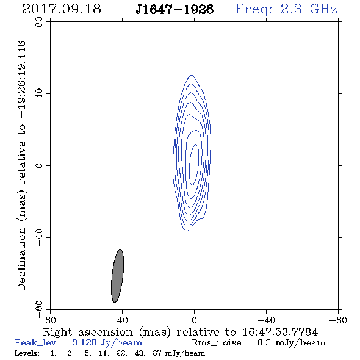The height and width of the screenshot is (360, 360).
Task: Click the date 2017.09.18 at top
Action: pyautogui.click(x=62, y=9)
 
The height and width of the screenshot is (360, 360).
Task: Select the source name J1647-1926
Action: pyautogui.click(x=175, y=9)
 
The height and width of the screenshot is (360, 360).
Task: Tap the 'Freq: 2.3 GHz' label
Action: pyautogui.click(x=286, y=9)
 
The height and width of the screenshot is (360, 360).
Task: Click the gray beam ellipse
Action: pyautogui.click(x=118, y=276)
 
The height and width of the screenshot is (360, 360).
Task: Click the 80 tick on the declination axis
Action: pyautogui.click(x=39, y=22)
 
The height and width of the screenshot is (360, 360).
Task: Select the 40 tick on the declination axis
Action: pyautogui.click(x=39, y=94)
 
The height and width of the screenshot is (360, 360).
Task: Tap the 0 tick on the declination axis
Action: pyautogui.click(x=39, y=165)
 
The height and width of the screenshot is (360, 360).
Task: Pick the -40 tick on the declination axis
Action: pyautogui.click(x=39, y=237)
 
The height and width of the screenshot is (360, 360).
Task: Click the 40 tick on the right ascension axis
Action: pyautogui.click(x=123, y=320)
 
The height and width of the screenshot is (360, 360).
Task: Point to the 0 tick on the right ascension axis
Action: pyautogui.click(x=194, y=320)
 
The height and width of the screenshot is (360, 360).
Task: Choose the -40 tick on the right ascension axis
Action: pyautogui.click(x=266, y=320)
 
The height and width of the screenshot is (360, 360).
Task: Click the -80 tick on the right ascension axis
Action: pyautogui.click(x=338, y=320)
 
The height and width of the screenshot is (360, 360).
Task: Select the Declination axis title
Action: pyautogui.click(x=21, y=165)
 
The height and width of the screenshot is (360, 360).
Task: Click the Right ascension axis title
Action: pyautogui.click(x=181, y=332)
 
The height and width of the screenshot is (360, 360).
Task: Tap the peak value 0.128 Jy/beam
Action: pyautogui.click(x=107, y=343)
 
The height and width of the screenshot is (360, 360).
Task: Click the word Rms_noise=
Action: pyautogui.click(x=220, y=343)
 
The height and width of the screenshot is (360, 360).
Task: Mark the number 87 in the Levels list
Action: pyautogui.click(x=157, y=353)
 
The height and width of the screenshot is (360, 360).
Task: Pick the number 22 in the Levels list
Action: pyautogui.click(x=121, y=353)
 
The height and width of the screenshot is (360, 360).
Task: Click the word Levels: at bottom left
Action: pyautogui.click(x=27, y=353)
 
